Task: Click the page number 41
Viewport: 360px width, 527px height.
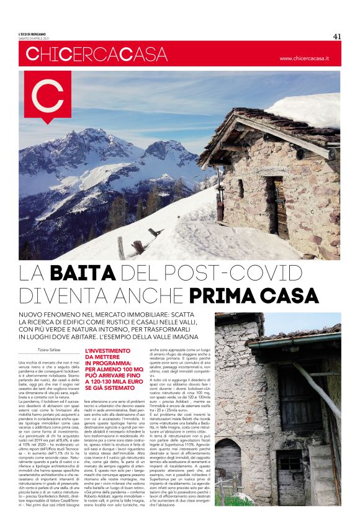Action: pyautogui.click(x=337, y=36)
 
